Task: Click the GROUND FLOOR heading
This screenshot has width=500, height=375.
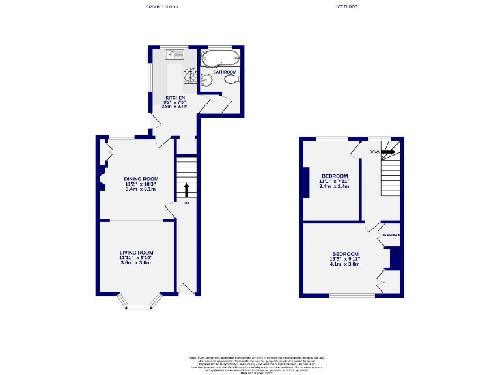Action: [x=161, y=7]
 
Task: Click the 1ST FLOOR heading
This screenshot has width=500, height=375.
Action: [x=346, y=7]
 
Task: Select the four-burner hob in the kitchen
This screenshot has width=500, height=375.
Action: [x=190, y=76]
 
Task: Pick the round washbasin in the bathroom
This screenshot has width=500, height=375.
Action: [x=207, y=80]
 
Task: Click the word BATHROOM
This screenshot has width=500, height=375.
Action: [x=215, y=72]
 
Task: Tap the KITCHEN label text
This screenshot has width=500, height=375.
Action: [x=174, y=98]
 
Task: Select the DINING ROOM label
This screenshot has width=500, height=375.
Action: [x=141, y=179]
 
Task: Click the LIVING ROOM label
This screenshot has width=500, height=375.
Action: [x=136, y=252]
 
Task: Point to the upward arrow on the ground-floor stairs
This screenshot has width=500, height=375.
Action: [x=186, y=190]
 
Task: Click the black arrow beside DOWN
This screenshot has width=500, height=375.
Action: [x=388, y=152]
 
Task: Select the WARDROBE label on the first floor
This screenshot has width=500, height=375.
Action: [x=390, y=234]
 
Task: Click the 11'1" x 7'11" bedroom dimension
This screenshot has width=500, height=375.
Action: [x=335, y=181]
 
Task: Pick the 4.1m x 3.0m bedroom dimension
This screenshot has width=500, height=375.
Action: [x=345, y=264]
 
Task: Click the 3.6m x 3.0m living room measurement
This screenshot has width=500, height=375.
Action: [x=135, y=263]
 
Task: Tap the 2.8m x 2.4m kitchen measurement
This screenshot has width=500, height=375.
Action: [x=174, y=107]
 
